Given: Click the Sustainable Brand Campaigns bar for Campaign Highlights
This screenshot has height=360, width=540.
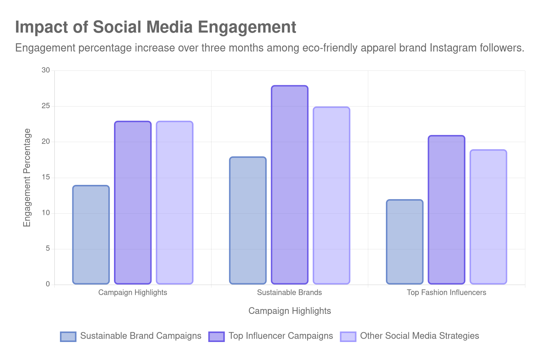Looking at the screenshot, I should pyautogui.click(x=91, y=235).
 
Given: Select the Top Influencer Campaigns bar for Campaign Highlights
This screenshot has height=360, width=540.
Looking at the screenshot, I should pyautogui.click(x=133, y=202).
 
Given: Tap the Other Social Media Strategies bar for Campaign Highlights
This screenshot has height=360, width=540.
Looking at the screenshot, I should pyautogui.click(x=175, y=202).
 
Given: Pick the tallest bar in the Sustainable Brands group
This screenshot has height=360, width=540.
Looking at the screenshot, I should pyautogui.click(x=289, y=184).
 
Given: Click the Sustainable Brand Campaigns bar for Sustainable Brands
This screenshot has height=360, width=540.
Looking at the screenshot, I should pyautogui.click(x=248, y=220).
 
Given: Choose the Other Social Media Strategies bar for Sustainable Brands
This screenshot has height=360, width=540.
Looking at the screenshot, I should pyautogui.click(x=331, y=195).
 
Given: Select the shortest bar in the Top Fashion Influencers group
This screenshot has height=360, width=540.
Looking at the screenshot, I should pyautogui.click(x=405, y=242).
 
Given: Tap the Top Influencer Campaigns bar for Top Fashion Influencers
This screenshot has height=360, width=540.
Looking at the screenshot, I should pyautogui.click(x=447, y=210).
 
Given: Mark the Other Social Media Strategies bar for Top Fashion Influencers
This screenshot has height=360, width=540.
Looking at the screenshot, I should pyautogui.click(x=488, y=217).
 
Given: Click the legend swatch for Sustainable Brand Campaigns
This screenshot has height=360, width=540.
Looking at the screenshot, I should pyautogui.click(x=68, y=336).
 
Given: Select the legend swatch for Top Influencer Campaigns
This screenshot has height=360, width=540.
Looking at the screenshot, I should pyautogui.click(x=216, y=336).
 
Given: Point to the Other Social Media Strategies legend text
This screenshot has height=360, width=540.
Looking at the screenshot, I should pyautogui.click(x=420, y=336).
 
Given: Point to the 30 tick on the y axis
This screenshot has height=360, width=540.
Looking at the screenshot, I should pyautogui.click(x=46, y=70).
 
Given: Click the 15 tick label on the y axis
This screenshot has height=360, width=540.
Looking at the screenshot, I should pyautogui.click(x=46, y=177).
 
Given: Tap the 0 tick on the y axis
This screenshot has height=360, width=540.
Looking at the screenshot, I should pyautogui.click(x=48, y=284).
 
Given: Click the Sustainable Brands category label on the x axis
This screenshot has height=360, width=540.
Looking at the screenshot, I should pyautogui.click(x=289, y=292).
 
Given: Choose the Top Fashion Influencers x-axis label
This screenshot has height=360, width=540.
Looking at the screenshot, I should pyautogui.click(x=446, y=292).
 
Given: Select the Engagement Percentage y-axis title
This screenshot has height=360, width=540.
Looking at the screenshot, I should pyautogui.click(x=27, y=177).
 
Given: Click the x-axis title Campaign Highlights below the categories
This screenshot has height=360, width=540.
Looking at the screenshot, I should pyautogui.click(x=289, y=311).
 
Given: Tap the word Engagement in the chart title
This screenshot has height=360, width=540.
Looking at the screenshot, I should pyautogui.click(x=247, y=27).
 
